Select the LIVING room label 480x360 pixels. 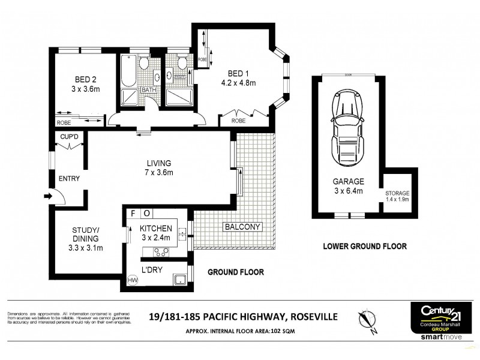pos(161,163)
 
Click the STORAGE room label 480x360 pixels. pos(397,193)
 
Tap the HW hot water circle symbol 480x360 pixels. pos(132,280)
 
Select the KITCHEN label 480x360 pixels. pos(156,229)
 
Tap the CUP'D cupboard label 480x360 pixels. pos(70,137)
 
